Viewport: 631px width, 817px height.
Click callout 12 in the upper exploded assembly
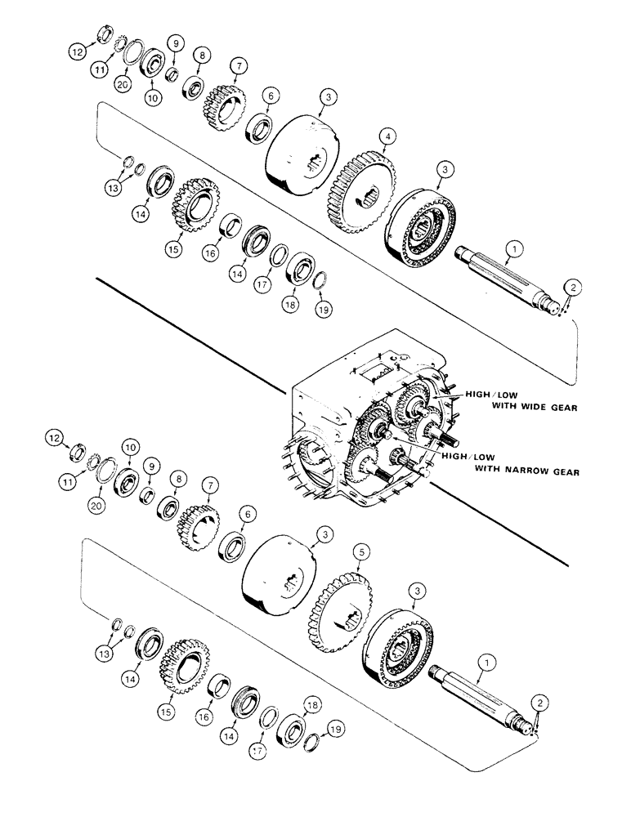tap(76, 51)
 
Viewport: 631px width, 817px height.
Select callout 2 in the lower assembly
tap(536, 702)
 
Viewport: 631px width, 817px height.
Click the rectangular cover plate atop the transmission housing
tap(378, 375)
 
